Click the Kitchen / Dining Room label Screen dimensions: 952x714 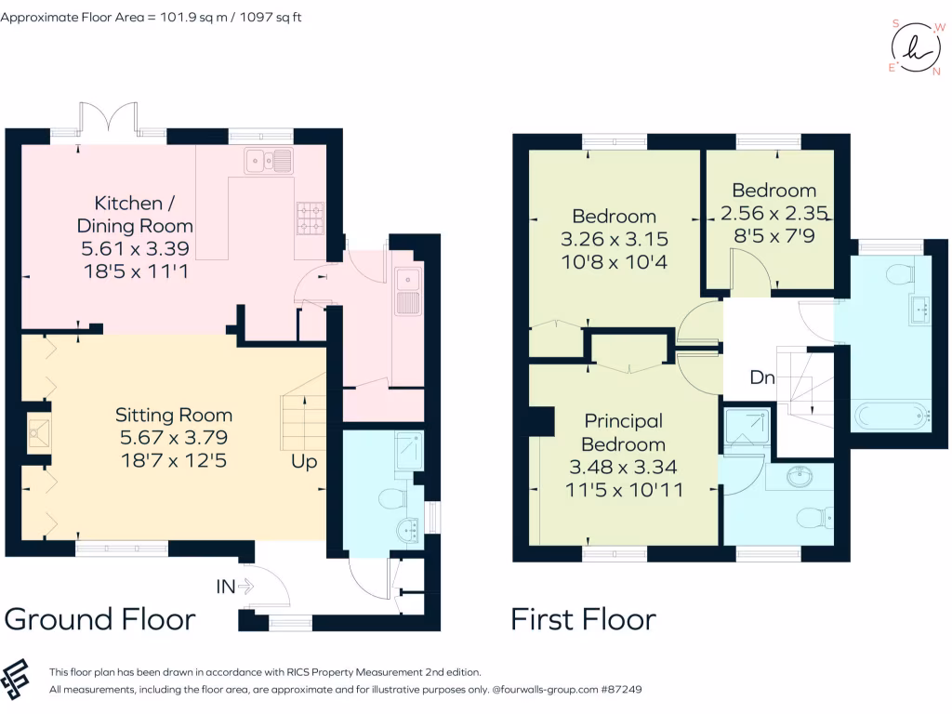point(135,214)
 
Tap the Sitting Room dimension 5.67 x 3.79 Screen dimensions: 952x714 point(174,437)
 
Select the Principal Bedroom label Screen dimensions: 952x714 point(624,432)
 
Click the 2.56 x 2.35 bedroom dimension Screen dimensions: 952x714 point(774,213)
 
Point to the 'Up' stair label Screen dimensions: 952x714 point(304,461)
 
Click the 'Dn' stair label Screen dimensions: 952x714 point(762,377)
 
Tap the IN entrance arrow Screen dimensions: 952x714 point(245,587)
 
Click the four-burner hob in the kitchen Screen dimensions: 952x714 point(311,218)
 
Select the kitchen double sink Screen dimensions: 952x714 point(269,161)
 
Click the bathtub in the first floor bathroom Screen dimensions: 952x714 point(892,416)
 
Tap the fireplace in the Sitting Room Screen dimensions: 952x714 point(37,433)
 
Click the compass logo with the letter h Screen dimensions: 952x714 point(916,48)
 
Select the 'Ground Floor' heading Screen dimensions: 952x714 point(100,619)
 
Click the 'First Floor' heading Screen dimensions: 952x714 point(584,619)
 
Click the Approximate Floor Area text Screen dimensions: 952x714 point(151,17)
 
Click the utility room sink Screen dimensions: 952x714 point(407,292)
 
